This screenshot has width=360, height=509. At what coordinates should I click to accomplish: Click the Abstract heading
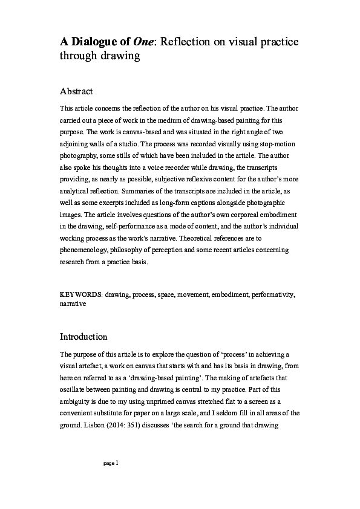(76, 92)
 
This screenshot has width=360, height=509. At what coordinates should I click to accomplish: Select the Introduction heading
(83, 336)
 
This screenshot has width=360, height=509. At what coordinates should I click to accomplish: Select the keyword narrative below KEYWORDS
(73, 304)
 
